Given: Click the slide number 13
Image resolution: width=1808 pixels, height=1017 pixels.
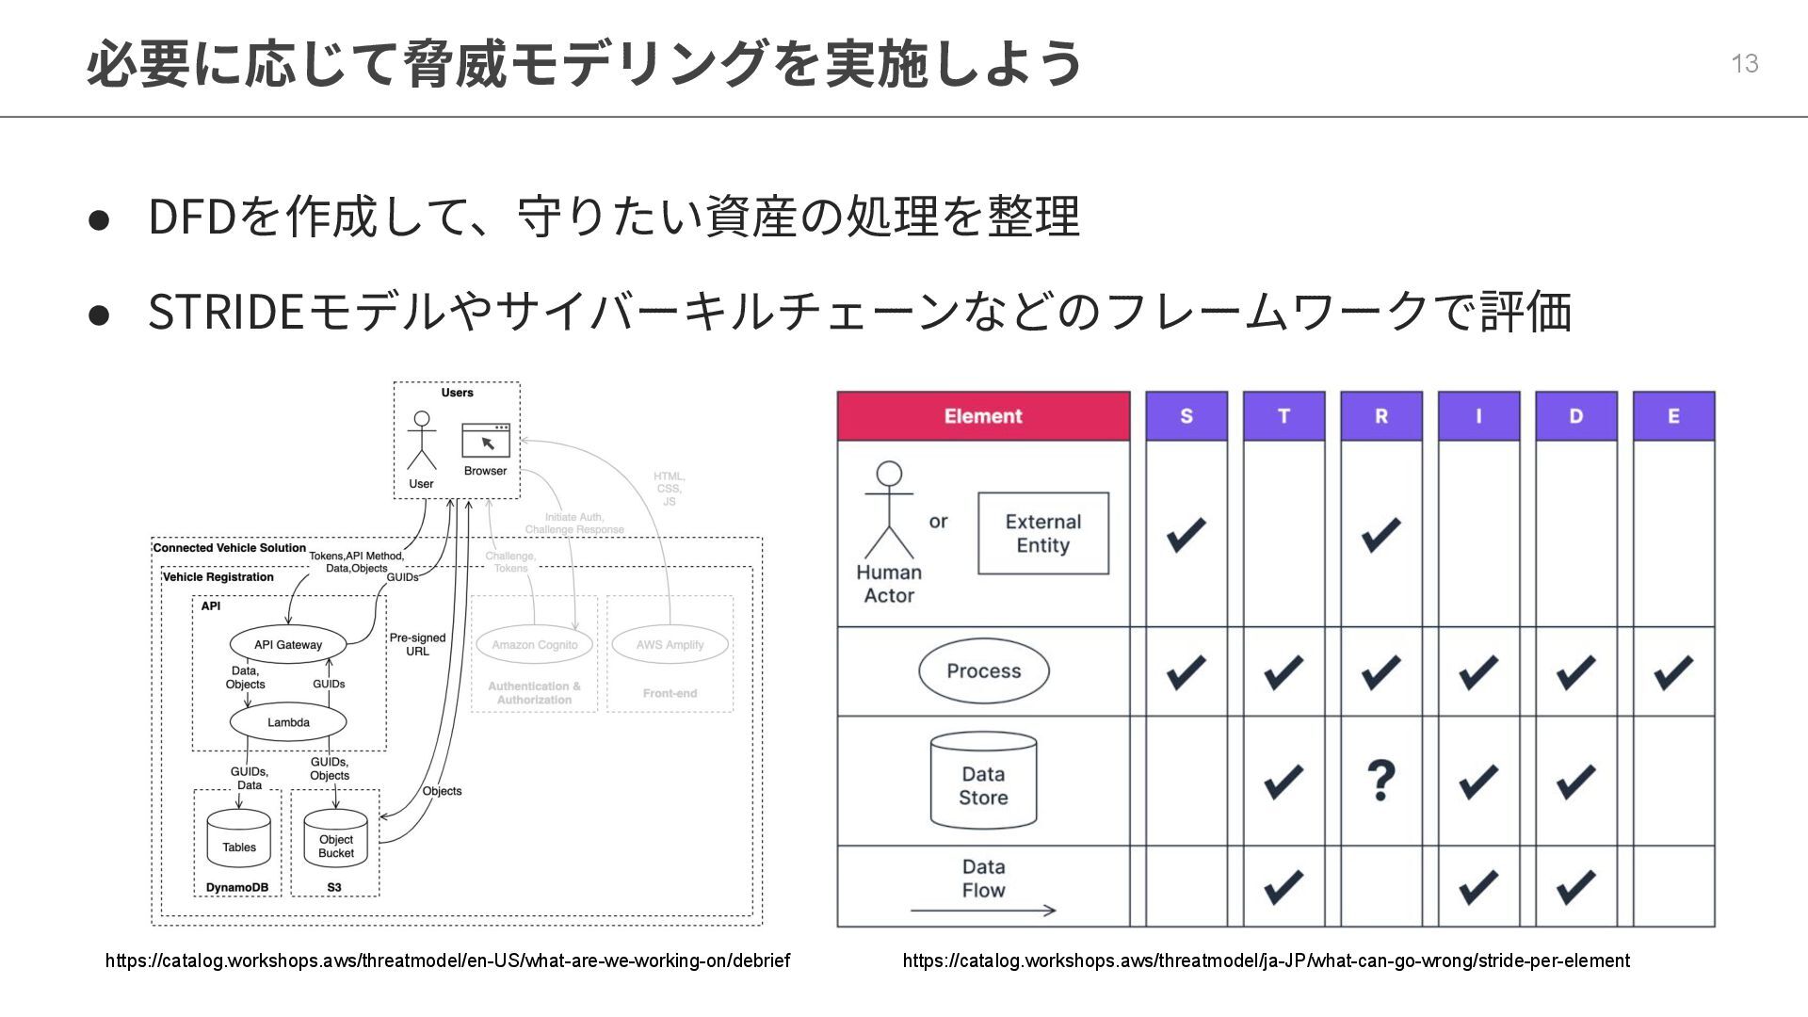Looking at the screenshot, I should [1744, 63].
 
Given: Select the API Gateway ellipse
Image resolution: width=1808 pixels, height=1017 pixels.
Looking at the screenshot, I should [288, 645].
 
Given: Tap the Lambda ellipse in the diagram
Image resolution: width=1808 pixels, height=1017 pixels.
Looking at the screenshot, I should [288, 722].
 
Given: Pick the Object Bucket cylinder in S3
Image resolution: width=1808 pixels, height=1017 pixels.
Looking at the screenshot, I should [336, 840].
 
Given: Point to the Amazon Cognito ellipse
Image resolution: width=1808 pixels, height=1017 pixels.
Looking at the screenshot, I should [534, 645].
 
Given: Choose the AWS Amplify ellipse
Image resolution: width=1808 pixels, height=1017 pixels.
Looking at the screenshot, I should [670, 645].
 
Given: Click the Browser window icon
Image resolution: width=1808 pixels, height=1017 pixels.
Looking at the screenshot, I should [486, 441].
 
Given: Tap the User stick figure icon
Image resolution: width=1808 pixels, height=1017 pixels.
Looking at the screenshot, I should [421, 441].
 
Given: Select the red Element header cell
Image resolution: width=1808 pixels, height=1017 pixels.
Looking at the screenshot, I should [983, 416].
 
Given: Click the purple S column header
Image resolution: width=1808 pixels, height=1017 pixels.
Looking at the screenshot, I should [1186, 416].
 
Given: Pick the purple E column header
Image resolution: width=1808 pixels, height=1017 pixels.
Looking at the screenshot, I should [1673, 416].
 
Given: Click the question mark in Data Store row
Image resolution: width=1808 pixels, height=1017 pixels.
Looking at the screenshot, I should [1380, 780].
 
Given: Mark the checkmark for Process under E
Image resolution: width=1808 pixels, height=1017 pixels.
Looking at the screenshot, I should [1673, 672].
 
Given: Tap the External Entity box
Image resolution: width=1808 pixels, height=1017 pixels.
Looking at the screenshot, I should [1043, 534].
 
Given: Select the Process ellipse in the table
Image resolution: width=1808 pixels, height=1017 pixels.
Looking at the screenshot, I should [983, 671].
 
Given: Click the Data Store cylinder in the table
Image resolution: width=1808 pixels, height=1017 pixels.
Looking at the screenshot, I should [983, 782].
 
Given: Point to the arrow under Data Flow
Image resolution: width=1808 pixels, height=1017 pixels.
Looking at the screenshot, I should [983, 911].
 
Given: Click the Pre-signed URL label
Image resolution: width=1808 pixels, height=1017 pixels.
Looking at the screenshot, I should [417, 644].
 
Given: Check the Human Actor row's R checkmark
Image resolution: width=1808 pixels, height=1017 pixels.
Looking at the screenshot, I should [1380, 534].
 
